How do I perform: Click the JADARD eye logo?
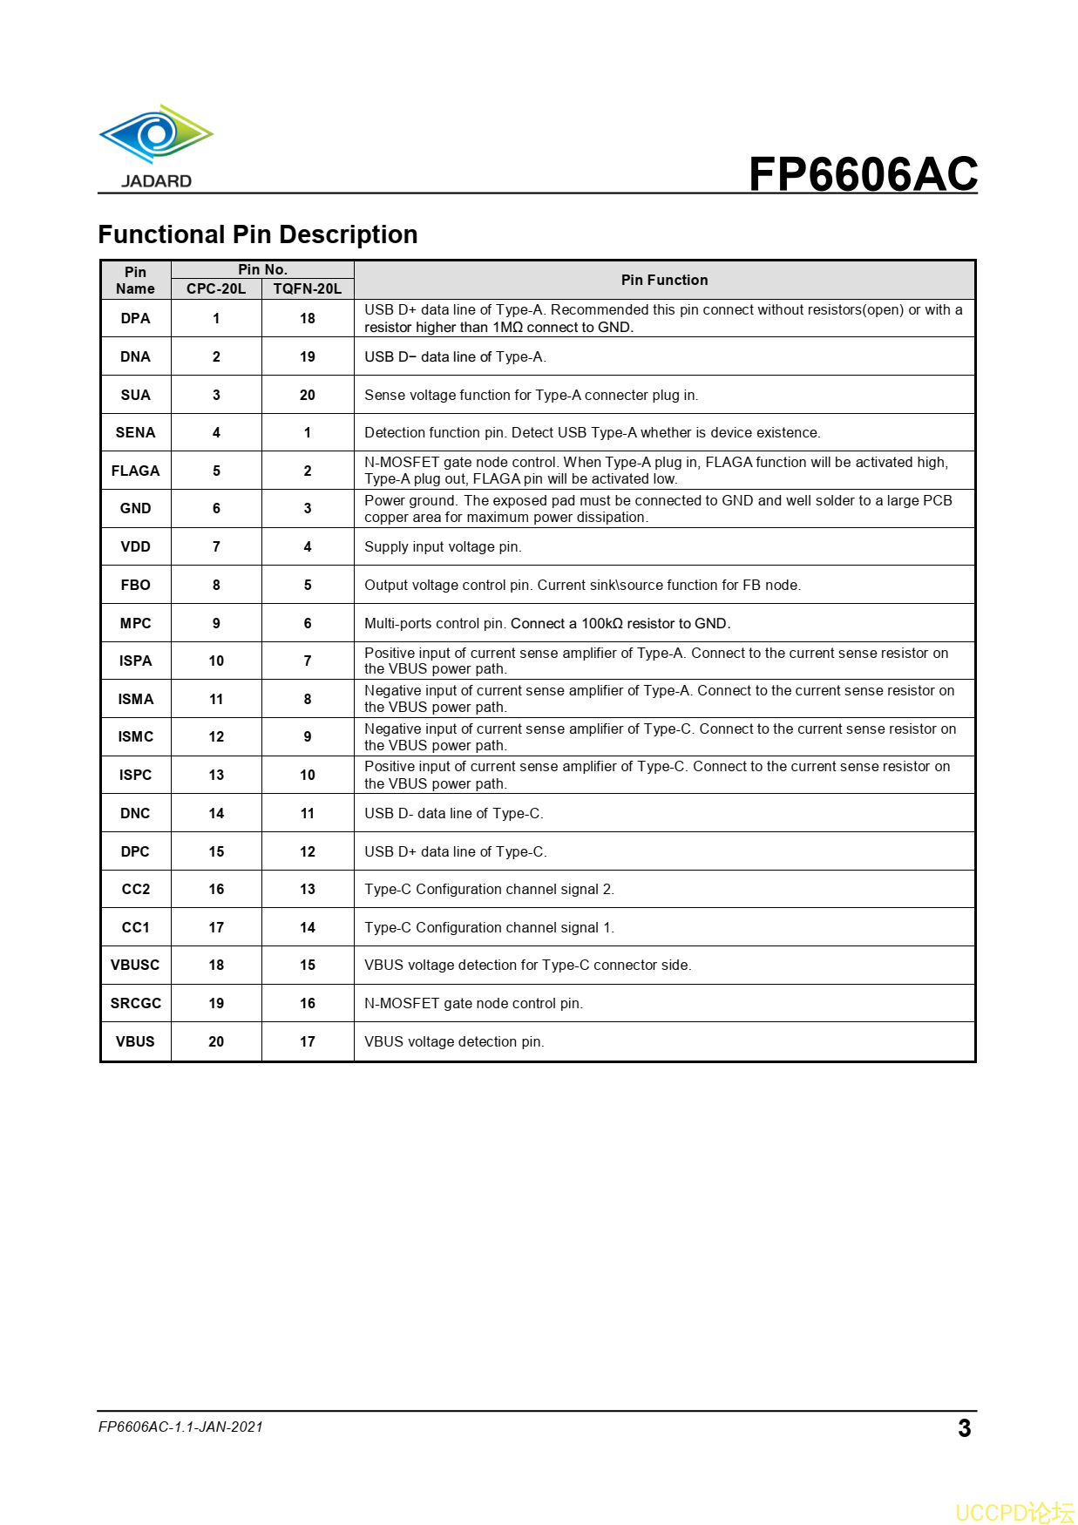(x=156, y=135)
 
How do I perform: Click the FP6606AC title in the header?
(x=863, y=173)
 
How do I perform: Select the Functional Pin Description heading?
(x=258, y=234)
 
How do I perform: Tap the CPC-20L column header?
(x=216, y=288)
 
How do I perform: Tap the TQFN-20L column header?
(x=308, y=288)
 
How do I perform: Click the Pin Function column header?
(x=664, y=280)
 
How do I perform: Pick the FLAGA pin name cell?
(x=135, y=471)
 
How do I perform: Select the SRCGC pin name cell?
(x=135, y=1003)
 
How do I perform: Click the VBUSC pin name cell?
(x=135, y=965)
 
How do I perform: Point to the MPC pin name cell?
(x=135, y=623)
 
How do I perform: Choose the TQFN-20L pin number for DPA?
(x=308, y=318)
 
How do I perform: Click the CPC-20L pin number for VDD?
(x=216, y=546)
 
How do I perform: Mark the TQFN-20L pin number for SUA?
(x=308, y=395)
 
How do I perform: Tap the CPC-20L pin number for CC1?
(x=216, y=927)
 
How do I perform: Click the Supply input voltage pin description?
(x=443, y=546)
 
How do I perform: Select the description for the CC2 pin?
(x=489, y=889)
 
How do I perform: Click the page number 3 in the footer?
(x=964, y=1428)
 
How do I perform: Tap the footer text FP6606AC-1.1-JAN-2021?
(x=180, y=1427)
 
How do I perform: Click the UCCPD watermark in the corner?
(x=1014, y=1512)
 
